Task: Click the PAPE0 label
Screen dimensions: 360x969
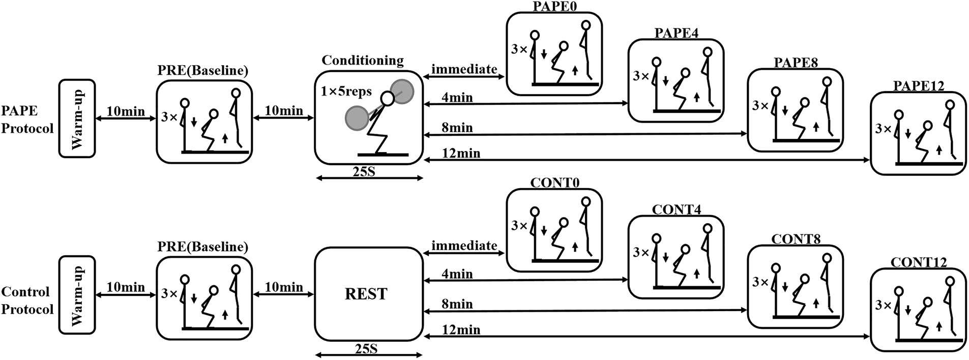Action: pyautogui.click(x=554, y=7)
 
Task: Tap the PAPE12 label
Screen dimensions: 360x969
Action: pyautogui.click(x=918, y=86)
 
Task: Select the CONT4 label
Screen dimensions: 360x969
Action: pyautogui.click(x=676, y=209)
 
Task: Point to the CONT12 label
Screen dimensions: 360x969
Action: pyautogui.click(x=919, y=262)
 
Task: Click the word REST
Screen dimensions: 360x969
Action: pyautogui.click(x=366, y=294)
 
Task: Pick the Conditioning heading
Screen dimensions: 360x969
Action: pyautogui.click(x=363, y=61)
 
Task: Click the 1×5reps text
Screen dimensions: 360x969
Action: pyautogui.click(x=346, y=92)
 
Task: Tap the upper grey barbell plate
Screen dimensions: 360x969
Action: pyautogui.click(x=402, y=92)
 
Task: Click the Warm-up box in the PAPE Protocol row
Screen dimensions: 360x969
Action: pyautogui.click(x=77, y=118)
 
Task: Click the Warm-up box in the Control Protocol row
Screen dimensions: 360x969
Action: pyautogui.click(x=77, y=294)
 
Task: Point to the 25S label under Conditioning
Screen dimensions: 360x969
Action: pyautogui.click(x=365, y=171)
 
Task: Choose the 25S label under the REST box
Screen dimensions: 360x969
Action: pyautogui.click(x=365, y=349)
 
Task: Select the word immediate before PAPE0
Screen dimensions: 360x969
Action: pyautogui.click(x=464, y=69)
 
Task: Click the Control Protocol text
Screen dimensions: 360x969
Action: pyautogui.click(x=27, y=301)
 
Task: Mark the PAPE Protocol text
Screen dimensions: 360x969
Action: pyautogui.click(x=27, y=119)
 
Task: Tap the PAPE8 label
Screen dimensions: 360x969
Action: pyautogui.click(x=796, y=63)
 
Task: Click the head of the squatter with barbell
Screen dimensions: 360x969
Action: pyautogui.click(x=388, y=99)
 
